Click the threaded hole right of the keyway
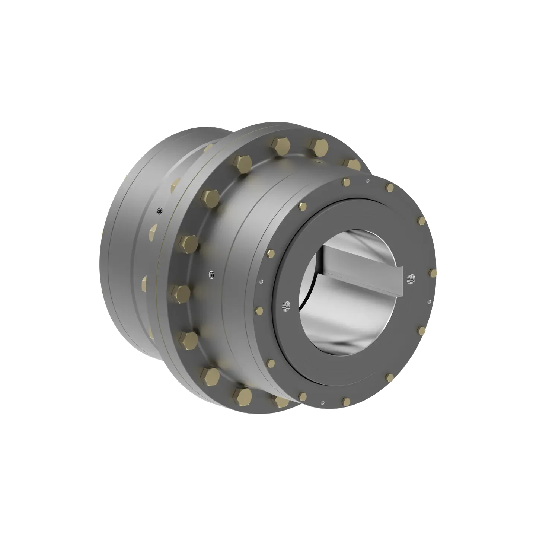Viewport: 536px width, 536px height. click(x=412, y=278)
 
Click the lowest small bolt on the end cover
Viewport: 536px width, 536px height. click(x=346, y=401)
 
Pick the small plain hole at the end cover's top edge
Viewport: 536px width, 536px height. click(x=368, y=181)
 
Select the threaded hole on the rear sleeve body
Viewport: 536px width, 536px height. click(x=160, y=210)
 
